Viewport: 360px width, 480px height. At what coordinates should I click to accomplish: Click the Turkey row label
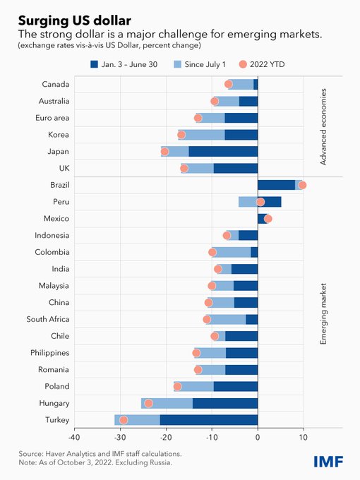[56, 420]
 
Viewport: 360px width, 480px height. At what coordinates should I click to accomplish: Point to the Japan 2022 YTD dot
[165, 151]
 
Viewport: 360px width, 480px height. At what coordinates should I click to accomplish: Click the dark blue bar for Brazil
[276, 185]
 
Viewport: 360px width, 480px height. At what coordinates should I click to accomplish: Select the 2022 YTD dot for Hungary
[148, 403]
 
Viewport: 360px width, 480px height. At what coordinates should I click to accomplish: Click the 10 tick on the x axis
[304, 438]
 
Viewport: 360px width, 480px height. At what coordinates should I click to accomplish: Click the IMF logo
[329, 461]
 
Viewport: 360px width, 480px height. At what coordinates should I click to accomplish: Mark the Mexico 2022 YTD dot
[268, 219]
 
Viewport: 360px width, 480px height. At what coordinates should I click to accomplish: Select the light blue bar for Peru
[248, 202]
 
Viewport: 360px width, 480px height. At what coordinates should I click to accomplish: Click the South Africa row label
[48, 319]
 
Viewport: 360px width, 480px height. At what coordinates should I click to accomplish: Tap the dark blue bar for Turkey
[208, 420]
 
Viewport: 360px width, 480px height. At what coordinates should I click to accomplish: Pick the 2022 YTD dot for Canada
[228, 84]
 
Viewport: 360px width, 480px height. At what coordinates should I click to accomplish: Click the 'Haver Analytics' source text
[71, 454]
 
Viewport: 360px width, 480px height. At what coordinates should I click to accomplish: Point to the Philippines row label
[49, 353]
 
